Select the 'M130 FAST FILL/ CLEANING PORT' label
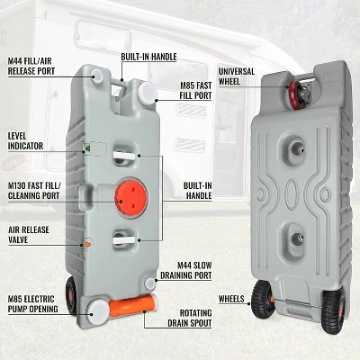33,190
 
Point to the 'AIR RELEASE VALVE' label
29,236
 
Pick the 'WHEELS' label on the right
231,298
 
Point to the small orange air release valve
87,244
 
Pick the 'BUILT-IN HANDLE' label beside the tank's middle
197,189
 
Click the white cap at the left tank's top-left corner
96,77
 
